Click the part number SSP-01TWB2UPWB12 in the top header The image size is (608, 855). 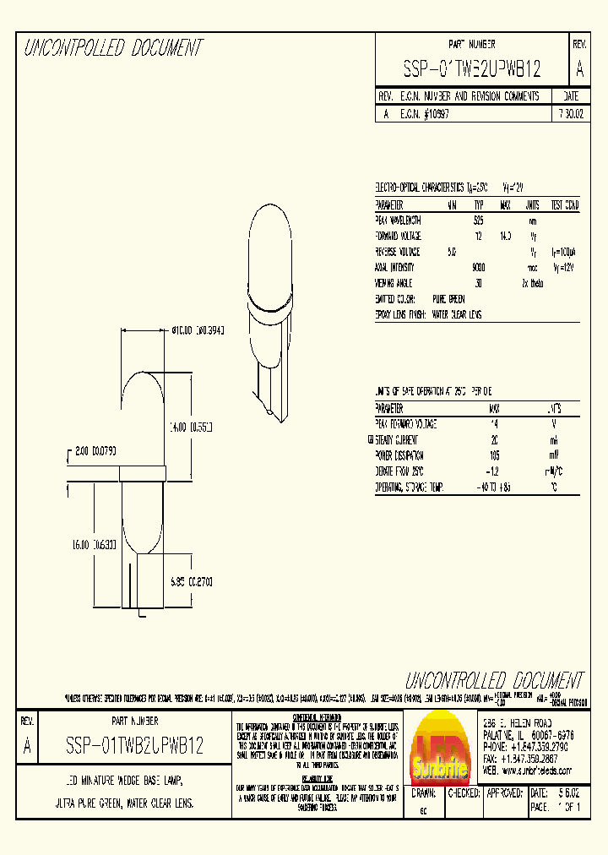point(470,69)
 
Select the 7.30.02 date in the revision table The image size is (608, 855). point(572,113)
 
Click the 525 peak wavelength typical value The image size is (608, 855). point(479,221)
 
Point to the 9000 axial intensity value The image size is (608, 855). point(479,267)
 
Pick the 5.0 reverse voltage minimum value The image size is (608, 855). point(452,252)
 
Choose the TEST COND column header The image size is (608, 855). point(565,205)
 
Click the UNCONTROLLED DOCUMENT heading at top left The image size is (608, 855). point(112,49)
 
